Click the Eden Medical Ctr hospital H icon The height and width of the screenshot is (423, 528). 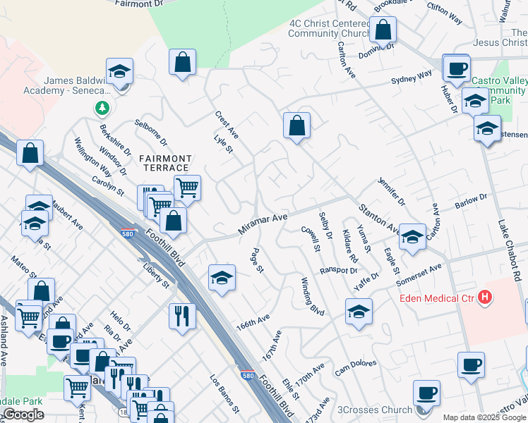485,297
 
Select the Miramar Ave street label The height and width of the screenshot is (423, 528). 263,225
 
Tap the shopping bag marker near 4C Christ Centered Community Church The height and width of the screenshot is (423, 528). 383,30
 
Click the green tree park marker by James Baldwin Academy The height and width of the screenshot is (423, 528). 103,108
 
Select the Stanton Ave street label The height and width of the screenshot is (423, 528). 379,218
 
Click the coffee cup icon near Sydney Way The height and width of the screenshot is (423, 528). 457,68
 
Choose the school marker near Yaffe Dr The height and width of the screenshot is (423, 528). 359,311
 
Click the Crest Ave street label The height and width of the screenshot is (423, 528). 227,125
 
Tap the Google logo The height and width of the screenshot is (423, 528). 23,415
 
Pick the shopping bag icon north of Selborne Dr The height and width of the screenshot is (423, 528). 182,61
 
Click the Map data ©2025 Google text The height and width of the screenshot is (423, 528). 484,417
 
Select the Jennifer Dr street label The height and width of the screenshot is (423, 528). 392,191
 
